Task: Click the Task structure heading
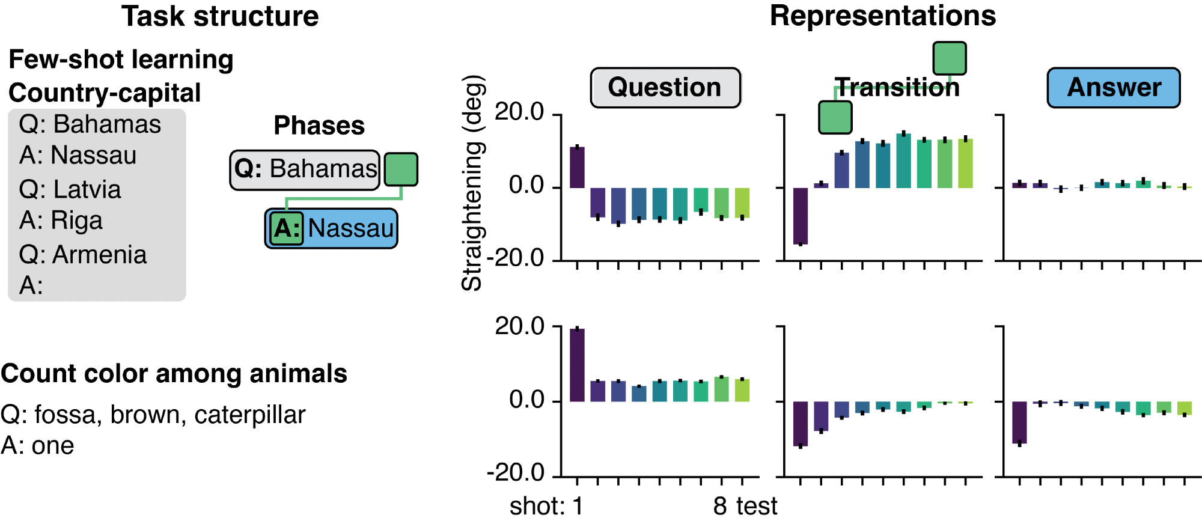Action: pyautogui.click(x=220, y=16)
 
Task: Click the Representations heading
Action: pyautogui.click(x=882, y=16)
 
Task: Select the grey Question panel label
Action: pyautogui.click(x=665, y=88)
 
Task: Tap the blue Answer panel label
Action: pyautogui.click(x=1114, y=88)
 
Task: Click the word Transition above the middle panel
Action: pyautogui.click(x=897, y=88)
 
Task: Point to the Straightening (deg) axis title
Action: pyautogui.click(x=472, y=183)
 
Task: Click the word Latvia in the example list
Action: pyautogui.click(x=87, y=189)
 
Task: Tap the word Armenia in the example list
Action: pyautogui.click(x=99, y=255)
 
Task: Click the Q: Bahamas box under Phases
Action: pyautogui.click(x=305, y=169)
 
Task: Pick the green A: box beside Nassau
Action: pyautogui.click(x=286, y=228)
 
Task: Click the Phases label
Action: pyautogui.click(x=319, y=126)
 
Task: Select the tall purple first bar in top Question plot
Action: pyautogui.click(x=577, y=167)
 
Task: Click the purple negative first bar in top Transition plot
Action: pyautogui.click(x=800, y=216)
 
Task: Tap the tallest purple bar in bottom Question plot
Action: pyautogui.click(x=577, y=365)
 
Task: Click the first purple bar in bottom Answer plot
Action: pyautogui.click(x=1019, y=422)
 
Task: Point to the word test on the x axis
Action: pyautogui.click(x=757, y=507)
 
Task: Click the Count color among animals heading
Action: pyautogui.click(x=174, y=374)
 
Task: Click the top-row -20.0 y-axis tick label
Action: pyautogui.click(x=516, y=258)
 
